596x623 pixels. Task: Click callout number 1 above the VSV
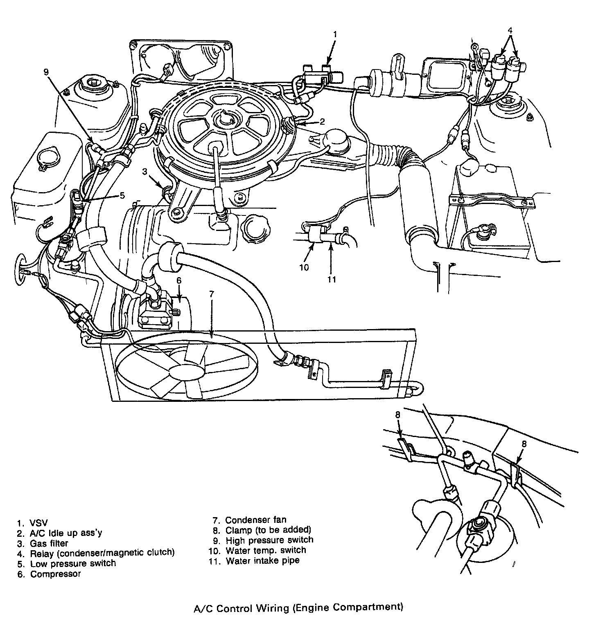tap(334, 34)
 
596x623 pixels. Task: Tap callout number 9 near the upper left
tap(46, 72)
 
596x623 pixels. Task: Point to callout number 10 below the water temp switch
tap(304, 268)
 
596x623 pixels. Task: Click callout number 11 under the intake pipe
tap(332, 279)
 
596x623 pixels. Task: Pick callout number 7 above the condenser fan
tap(211, 294)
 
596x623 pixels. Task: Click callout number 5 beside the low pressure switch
tap(122, 195)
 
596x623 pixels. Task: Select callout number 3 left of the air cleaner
tap(144, 172)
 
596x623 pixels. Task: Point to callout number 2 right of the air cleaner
tap(322, 121)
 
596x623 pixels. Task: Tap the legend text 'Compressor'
tap(55, 574)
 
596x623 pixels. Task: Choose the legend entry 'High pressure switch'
tap(269, 540)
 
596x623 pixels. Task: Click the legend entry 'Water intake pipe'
tap(262, 560)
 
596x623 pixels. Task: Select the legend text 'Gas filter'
tap(49, 543)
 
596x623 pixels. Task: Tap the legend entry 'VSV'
tap(39, 523)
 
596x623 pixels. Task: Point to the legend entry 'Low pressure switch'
tap(73, 563)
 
